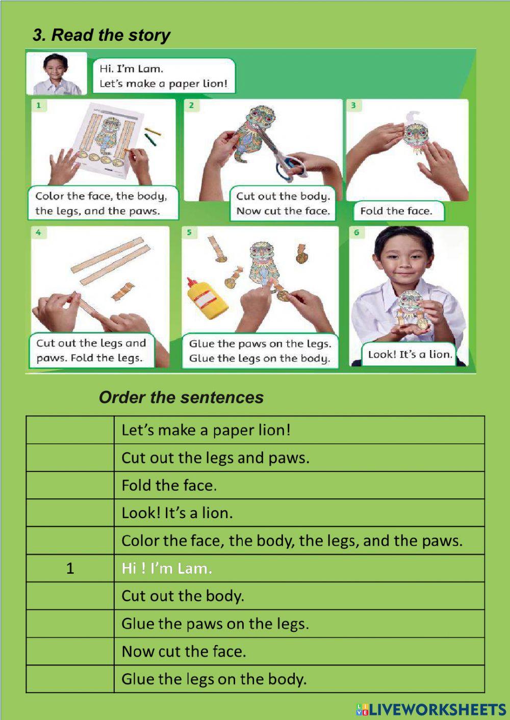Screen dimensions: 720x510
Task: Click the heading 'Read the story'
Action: (101, 35)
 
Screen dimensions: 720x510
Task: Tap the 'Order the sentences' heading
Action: (181, 397)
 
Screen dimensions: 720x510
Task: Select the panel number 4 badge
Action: (39, 233)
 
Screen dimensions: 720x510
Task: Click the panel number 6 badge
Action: (356, 233)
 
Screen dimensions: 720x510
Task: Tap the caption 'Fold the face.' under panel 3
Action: (396, 211)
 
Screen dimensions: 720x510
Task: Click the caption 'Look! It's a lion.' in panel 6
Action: (410, 355)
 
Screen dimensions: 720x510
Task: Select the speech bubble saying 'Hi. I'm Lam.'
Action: (163, 76)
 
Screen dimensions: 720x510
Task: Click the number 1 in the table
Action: (70, 568)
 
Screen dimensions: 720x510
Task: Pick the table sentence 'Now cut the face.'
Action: (184, 651)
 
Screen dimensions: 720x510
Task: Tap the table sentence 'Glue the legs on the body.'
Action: (214, 679)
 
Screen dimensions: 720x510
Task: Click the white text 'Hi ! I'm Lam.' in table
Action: (167, 568)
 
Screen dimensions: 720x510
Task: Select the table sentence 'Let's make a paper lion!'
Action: (206, 430)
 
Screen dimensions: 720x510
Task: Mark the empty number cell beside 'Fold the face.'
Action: (70, 485)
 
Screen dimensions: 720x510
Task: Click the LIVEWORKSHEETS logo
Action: (431, 709)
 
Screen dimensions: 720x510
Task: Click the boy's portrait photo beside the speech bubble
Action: (56, 74)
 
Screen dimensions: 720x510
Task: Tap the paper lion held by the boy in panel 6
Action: (412, 311)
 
